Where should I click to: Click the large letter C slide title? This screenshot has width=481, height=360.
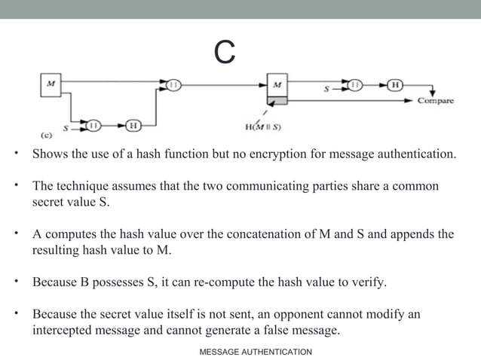[x=224, y=52]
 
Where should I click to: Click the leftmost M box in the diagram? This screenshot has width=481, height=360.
[x=51, y=85]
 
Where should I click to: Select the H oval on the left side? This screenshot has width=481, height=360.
[x=133, y=125]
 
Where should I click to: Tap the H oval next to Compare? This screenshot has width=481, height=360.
[x=394, y=85]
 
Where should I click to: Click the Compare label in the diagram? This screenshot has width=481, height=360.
[x=436, y=100]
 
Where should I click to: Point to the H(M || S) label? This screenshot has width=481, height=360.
[x=263, y=127]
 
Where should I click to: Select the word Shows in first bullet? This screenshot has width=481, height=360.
[x=48, y=155]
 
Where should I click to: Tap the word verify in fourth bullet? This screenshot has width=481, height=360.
[x=369, y=282]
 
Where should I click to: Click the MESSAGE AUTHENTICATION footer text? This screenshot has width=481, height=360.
[x=256, y=352]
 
